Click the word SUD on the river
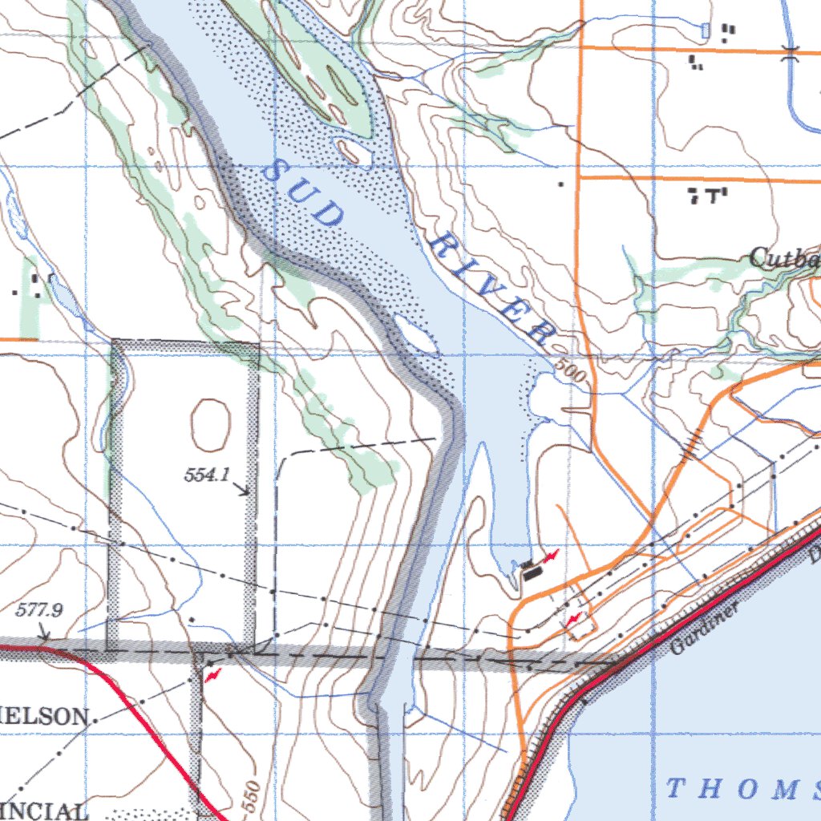pyautogui.click(x=305, y=192)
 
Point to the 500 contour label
pyautogui.click(x=570, y=372)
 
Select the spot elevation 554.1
pyautogui.click(x=207, y=475)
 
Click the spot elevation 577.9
pyautogui.click(x=39, y=610)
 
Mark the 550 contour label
pyautogui.click(x=251, y=797)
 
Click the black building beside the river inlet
pyautogui.click(x=530, y=570)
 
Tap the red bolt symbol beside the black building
pyautogui.click(x=551, y=556)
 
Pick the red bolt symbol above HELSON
pyautogui.click(x=212, y=676)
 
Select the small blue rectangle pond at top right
pyautogui.click(x=706, y=30)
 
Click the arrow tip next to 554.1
pyautogui.click(x=248, y=491)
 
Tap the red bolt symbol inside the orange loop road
pyautogui.click(x=574, y=619)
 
